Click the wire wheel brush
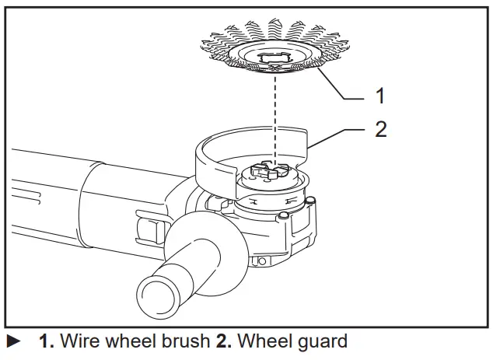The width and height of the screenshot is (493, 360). (226, 47)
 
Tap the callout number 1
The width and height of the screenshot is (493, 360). (380, 96)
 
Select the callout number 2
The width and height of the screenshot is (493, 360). (380, 128)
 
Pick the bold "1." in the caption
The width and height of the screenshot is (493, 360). (47, 341)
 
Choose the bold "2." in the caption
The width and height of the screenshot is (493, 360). (223, 341)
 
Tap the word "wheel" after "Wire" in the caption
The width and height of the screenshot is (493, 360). (128, 341)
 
